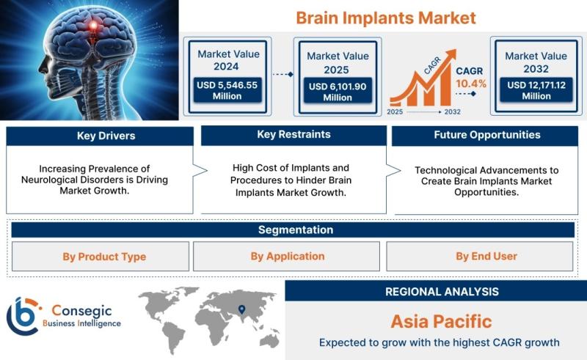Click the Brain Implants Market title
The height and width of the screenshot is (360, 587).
pos(386,18)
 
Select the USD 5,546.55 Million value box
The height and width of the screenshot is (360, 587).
pos(227,90)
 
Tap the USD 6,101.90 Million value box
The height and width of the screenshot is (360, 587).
pos(338,91)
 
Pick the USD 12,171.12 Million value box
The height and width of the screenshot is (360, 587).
pos(536,90)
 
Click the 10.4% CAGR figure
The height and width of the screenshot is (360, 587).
pos(471,84)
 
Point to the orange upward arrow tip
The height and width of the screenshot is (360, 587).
pos(456,50)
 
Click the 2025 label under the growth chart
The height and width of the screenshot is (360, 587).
pos(395,111)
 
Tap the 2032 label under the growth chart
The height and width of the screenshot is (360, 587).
pos(452,111)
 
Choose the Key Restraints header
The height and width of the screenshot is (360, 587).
pos(294,135)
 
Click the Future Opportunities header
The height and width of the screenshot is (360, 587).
pos(485,136)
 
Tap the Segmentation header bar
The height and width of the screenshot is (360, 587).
pos(293,229)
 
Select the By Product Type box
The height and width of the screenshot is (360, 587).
pos(101,257)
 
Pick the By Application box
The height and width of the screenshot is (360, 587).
pos(286,257)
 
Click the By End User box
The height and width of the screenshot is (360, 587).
pos(480,257)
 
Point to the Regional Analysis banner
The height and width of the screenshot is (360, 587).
pos(436,291)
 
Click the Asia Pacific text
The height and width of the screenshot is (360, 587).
pos(442,321)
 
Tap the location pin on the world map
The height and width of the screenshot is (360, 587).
pos(242,309)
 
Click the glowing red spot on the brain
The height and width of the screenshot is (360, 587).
pos(93,26)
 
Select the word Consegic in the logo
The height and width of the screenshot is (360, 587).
pos(81,311)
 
